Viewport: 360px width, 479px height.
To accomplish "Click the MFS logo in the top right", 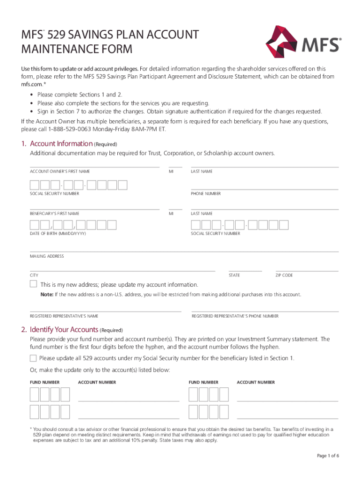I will point(303,45).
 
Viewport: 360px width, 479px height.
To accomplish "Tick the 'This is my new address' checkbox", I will point(34,284).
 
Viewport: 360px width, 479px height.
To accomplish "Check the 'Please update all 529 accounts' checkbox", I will point(33,358).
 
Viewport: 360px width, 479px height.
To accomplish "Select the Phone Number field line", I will point(265,186).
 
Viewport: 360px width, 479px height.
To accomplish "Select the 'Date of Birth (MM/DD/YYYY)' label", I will point(58,233).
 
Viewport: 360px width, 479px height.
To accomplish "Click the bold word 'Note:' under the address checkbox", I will point(47,295).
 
